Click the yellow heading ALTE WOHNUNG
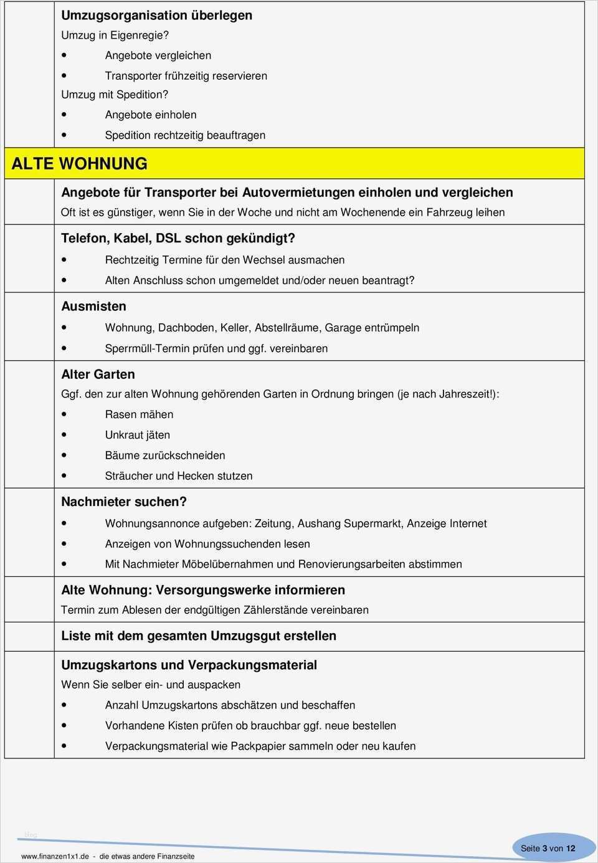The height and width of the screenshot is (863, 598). click(80, 164)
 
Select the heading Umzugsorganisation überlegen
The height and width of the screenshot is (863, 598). click(156, 16)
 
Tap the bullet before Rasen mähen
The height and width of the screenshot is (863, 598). click(65, 414)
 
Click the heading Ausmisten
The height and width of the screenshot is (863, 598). click(93, 306)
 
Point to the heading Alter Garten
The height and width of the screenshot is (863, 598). click(98, 374)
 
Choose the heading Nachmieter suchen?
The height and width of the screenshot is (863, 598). click(124, 502)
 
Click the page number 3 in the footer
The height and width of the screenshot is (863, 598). click(544, 848)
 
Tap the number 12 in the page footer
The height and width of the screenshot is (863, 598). click(571, 848)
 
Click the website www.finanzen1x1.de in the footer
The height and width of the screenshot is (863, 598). click(55, 856)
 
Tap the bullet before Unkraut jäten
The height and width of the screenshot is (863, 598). click(65, 435)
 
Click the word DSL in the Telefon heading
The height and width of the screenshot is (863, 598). click(168, 238)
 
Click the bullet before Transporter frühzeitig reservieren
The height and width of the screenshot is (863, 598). click(65, 76)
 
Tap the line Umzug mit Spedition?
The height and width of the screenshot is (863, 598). click(115, 95)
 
